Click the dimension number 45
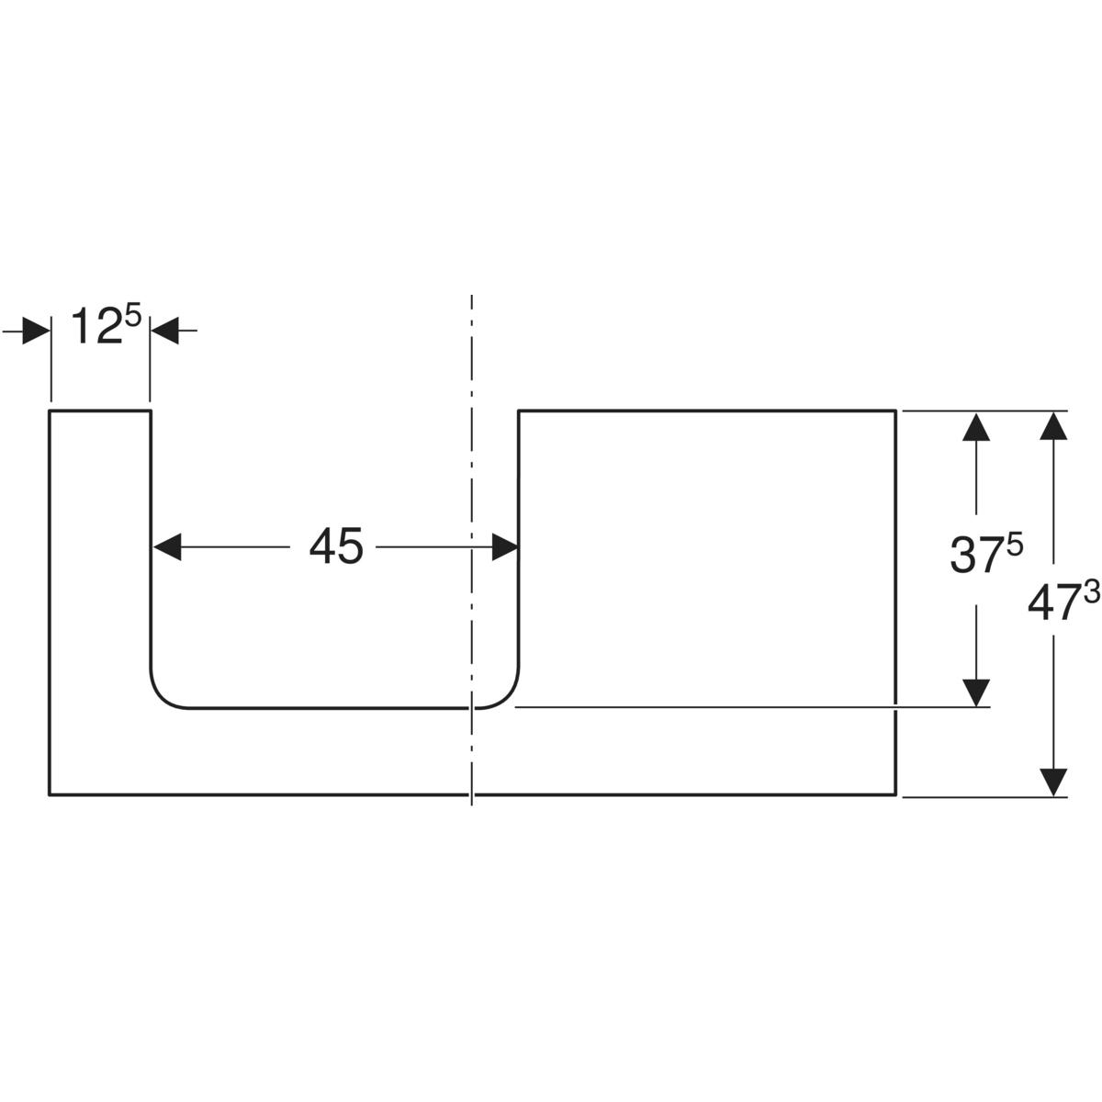click(x=336, y=548)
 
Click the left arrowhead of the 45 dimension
click(x=166, y=548)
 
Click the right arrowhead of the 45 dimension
click(x=505, y=548)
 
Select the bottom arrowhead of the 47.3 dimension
click(x=1055, y=782)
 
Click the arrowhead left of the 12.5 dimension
click(x=36, y=331)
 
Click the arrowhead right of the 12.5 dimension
click(x=164, y=331)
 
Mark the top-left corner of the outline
click(x=50, y=411)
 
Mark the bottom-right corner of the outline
click(x=895, y=795)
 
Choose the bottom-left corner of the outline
click(x=50, y=795)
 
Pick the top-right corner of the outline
click(x=895, y=411)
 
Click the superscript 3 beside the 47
click(x=1090, y=593)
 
